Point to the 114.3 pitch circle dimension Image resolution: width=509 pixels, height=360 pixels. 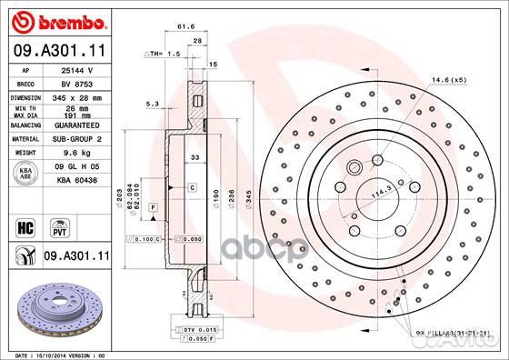point(371,194)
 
